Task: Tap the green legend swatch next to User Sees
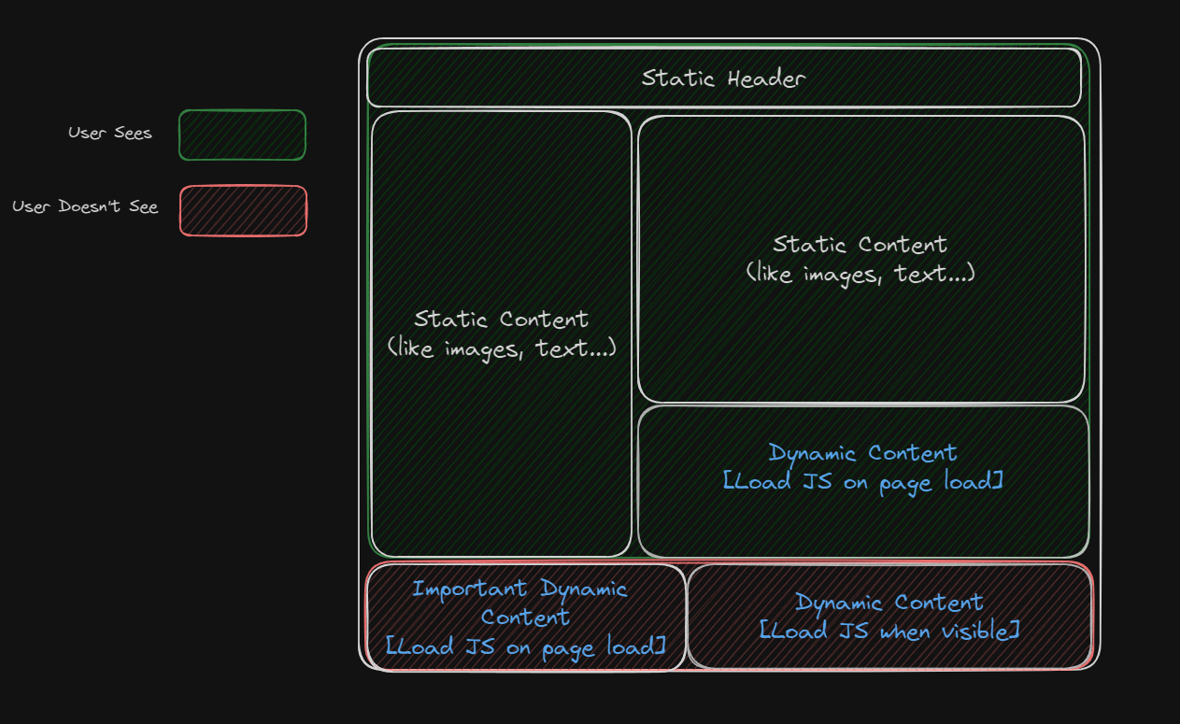coord(242,135)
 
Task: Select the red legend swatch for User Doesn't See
coord(243,211)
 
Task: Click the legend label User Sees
coord(109,134)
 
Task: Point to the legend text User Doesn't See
coord(85,206)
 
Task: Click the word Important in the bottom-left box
coord(470,589)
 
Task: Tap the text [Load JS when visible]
coord(889,632)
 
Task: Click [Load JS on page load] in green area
coord(862,482)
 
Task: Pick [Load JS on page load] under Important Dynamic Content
coord(525,646)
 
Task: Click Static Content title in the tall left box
coord(502,319)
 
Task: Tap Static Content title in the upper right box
coord(860,245)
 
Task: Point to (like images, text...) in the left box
coord(502,349)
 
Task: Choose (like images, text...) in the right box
coord(860,274)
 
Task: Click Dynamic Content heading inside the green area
coord(862,453)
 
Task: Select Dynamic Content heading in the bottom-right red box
coord(889,603)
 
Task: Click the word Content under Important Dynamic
coord(525,618)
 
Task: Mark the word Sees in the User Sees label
coord(133,134)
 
